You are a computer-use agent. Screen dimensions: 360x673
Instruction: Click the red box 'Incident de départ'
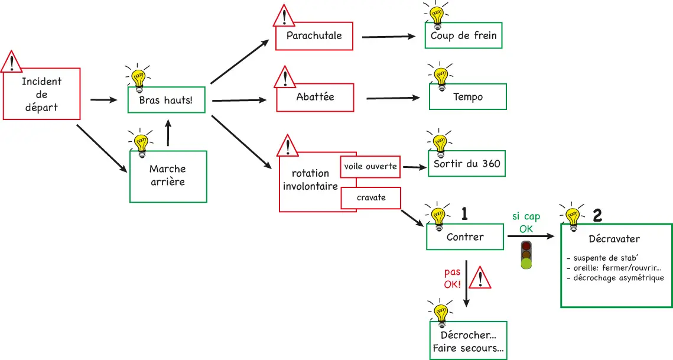point(42,95)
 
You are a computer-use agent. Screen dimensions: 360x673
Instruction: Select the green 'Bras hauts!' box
point(166,100)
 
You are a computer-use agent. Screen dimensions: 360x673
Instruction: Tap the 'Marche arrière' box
point(168,176)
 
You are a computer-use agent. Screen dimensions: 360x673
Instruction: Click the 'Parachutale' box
point(314,35)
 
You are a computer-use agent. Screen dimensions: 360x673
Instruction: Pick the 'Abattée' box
point(316,97)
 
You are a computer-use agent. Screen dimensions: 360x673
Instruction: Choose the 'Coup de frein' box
point(464,35)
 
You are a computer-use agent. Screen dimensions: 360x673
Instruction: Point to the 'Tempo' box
point(468,96)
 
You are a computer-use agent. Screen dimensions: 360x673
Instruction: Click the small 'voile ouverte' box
point(370,167)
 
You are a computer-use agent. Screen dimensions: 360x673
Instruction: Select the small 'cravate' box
point(371,197)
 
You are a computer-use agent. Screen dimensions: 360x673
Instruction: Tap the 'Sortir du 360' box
point(467,164)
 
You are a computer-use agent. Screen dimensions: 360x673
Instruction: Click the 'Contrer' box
point(465,237)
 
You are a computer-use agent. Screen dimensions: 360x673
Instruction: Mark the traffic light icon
point(526,255)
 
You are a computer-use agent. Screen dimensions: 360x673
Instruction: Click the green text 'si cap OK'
point(526,223)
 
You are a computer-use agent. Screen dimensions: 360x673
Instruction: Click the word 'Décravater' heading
point(615,239)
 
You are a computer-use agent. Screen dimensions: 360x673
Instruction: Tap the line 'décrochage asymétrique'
point(615,278)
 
